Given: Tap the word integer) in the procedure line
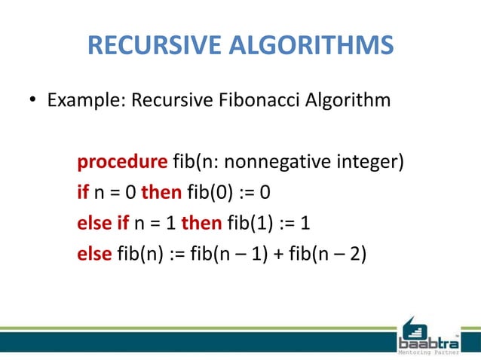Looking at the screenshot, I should pyautogui.click(x=365, y=161).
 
